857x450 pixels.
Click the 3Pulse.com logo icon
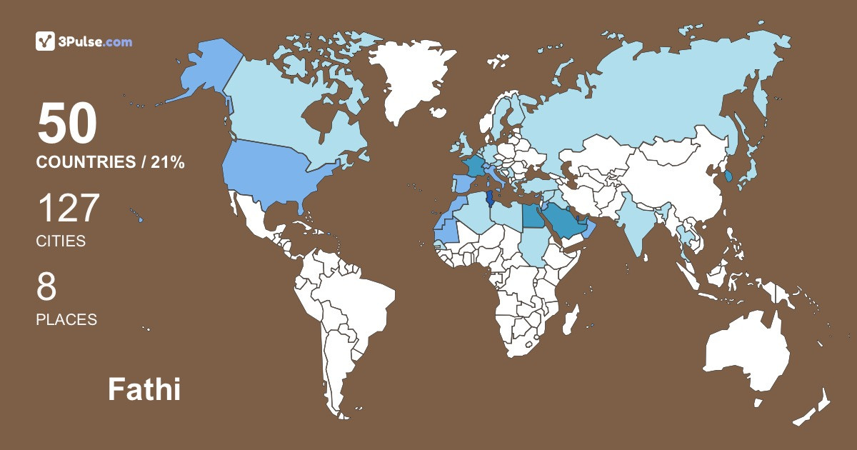click(45, 41)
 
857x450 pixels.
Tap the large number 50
click(67, 124)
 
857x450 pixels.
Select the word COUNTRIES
click(85, 163)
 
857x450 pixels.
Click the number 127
click(68, 209)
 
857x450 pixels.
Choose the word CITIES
click(61, 241)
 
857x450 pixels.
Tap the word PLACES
click(66, 319)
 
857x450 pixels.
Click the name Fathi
click(144, 390)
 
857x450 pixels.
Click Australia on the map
click(746, 354)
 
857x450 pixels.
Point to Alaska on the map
click(207, 71)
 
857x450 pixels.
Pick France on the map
click(474, 166)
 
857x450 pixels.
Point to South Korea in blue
click(728, 176)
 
